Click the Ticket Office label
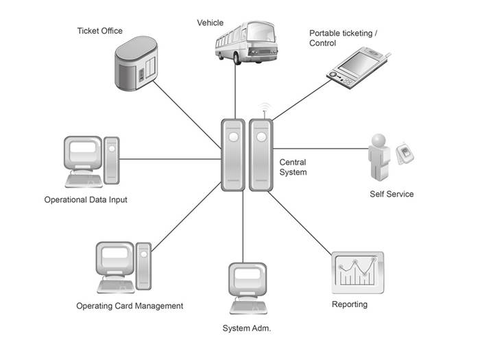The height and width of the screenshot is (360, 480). point(100,31)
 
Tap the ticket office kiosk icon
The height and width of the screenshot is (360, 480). point(136,63)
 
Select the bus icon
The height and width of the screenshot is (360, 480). point(246,43)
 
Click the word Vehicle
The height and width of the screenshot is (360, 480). point(210,23)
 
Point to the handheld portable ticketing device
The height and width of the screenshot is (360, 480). point(358,68)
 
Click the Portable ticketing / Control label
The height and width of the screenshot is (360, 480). point(343,38)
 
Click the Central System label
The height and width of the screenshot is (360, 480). point(293,167)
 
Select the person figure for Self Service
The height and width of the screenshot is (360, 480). point(379,157)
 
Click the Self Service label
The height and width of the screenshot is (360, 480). point(392,194)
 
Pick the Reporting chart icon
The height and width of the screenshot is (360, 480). point(357,272)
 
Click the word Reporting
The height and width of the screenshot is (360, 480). point(350,304)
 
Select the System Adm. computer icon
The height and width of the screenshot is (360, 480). point(248,289)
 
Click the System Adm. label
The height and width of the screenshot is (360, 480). point(247,328)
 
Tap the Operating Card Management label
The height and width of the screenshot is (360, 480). point(130,306)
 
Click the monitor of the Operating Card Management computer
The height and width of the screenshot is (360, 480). point(115,258)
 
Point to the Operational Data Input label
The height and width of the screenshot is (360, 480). point(86,200)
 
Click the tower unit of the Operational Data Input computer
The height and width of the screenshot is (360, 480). point(111,160)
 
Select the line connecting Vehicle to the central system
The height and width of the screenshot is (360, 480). point(235,91)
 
